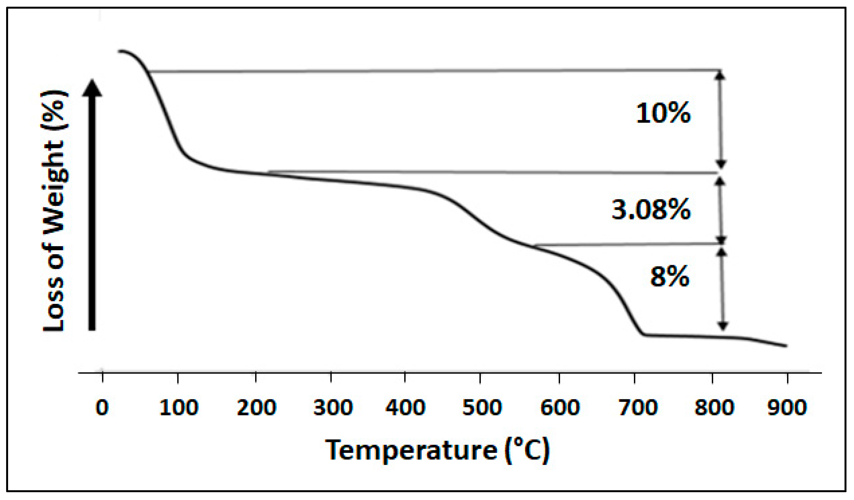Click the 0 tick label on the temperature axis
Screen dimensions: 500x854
[x=102, y=407]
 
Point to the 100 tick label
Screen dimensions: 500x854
[x=178, y=407]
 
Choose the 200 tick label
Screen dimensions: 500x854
[x=257, y=407]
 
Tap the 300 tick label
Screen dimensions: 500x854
[x=333, y=407]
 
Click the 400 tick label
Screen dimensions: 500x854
[x=405, y=407]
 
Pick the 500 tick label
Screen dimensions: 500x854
[x=482, y=407]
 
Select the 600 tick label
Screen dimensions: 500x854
[x=560, y=407]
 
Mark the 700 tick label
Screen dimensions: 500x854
[x=638, y=407]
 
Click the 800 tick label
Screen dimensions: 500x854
[x=714, y=407]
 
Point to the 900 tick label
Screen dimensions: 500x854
[x=787, y=407]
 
